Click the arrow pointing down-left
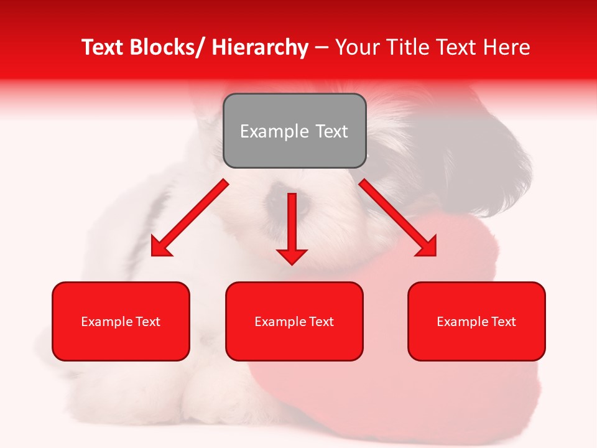tap(190, 218)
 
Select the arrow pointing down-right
tap(398, 218)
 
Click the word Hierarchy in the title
tap(260, 47)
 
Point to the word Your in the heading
tap(356, 47)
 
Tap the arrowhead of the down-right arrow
tap(427, 246)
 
